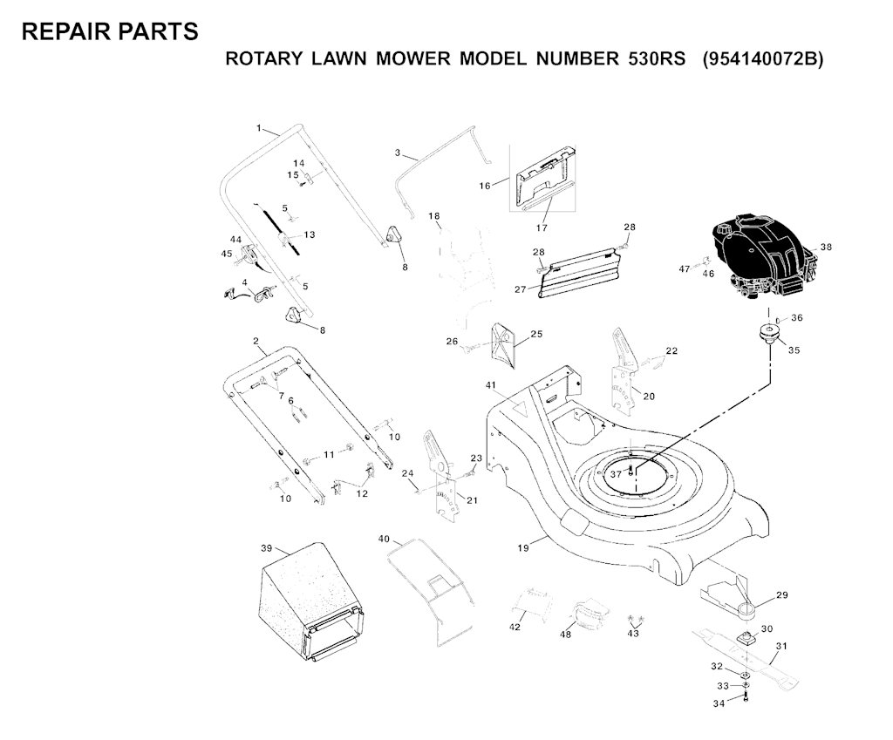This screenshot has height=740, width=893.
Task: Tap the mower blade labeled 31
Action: tap(741, 655)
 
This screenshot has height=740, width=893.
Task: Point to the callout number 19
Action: tap(523, 548)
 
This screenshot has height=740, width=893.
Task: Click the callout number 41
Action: tap(491, 384)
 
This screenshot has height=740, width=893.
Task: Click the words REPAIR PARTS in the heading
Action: tap(109, 31)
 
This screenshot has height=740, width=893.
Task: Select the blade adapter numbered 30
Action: tap(746, 639)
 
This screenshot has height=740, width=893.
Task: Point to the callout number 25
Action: tap(536, 334)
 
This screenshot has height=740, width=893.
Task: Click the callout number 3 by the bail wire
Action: tap(398, 153)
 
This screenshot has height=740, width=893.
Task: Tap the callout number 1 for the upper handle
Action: tap(259, 128)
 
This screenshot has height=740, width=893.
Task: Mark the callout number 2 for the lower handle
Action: tap(256, 340)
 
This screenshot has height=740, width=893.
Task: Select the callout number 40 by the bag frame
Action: tap(384, 539)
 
